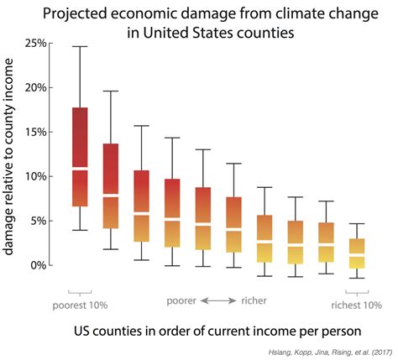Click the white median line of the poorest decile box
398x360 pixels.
(80, 170)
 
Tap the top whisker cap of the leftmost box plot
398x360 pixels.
(80, 46)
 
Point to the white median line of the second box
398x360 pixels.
(110, 195)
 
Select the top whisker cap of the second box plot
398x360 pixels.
(110, 91)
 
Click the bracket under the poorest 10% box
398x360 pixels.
(80, 290)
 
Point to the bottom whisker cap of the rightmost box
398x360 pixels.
(356, 278)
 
